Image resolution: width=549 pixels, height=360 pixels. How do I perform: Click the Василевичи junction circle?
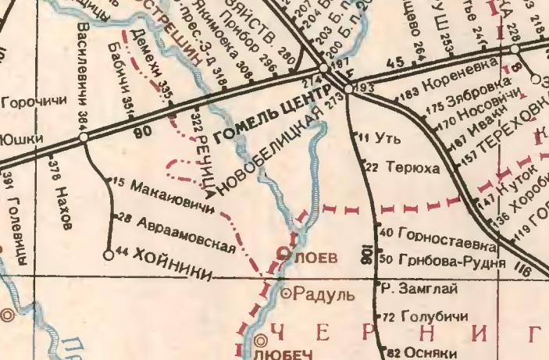point(83,137)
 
